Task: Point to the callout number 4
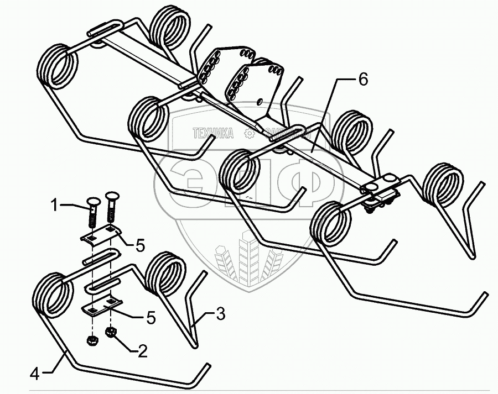[x=34, y=374]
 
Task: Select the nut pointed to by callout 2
[x=111, y=333]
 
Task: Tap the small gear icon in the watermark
[x=249, y=133]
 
